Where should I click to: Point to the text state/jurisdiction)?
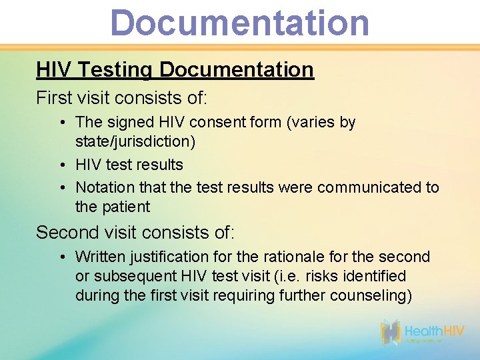tap(135, 142)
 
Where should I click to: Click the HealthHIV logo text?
tap(433, 331)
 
